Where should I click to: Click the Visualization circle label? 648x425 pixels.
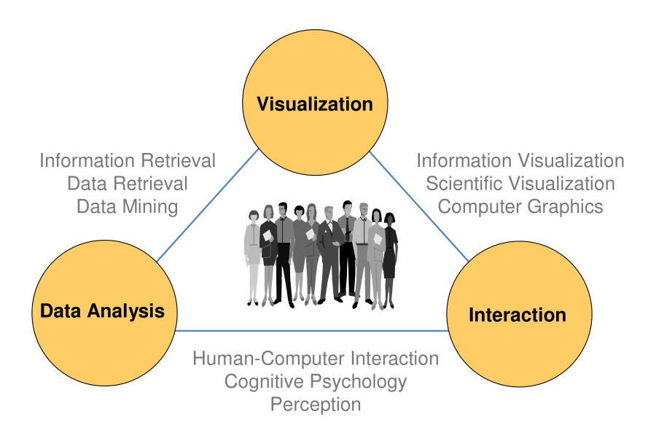(315, 104)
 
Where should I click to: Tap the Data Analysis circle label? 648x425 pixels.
(103, 311)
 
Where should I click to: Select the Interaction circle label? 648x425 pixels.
(518, 315)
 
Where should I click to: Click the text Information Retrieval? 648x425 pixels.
(128, 161)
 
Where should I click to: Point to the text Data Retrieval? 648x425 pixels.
(128, 184)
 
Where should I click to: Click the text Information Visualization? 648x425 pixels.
(520, 161)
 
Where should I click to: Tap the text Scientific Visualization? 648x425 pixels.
(520, 184)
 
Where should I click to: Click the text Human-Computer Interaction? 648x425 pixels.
(316, 359)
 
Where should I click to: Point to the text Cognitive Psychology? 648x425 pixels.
(316, 381)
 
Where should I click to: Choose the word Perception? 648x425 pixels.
(316, 405)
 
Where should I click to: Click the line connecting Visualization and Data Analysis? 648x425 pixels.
(208, 206)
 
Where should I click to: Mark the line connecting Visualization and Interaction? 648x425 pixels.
(419, 206)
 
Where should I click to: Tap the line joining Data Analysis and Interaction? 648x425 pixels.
(312, 331)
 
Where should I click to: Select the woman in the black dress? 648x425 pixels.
(389, 258)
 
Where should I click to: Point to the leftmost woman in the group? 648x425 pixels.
(252, 257)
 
